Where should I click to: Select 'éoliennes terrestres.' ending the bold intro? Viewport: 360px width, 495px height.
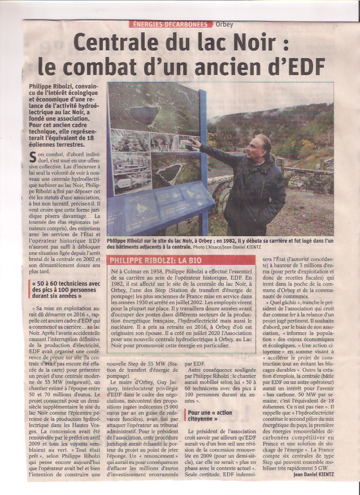pyautogui.click(x=56, y=145)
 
